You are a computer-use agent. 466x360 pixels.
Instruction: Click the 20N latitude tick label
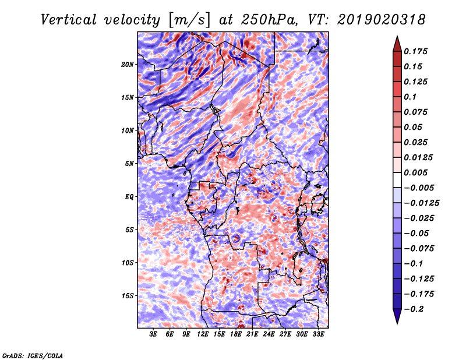coord(128,64)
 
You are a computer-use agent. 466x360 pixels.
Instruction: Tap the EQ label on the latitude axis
coord(129,197)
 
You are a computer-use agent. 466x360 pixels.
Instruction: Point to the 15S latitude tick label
coord(128,296)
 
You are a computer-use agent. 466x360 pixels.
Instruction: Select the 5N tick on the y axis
coord(129,164)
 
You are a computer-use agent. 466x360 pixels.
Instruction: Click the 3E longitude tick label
coord(153,334)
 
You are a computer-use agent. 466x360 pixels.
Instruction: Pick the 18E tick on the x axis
coord(236,334)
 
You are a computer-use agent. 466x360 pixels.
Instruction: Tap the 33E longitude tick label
coord(318,334)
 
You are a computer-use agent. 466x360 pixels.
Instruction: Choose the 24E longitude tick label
coord(269,334)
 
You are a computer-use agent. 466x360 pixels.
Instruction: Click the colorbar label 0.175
coord(415,51)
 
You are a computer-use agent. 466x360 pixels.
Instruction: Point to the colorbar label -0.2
coord(414,309)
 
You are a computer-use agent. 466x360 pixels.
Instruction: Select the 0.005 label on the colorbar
coord(415,172)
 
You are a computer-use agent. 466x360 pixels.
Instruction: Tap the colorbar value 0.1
coord(410,97)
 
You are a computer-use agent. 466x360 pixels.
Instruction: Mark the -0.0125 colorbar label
coord(421,203)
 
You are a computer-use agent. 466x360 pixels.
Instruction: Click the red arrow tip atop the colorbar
coord(397,37)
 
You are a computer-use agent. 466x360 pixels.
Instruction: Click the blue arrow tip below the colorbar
coord(397,323)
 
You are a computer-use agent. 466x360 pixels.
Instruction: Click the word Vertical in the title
coord(69,20)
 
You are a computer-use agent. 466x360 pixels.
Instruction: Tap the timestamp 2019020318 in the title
coord(382,20)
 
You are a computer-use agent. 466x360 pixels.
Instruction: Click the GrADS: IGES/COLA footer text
coord(33,355)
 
